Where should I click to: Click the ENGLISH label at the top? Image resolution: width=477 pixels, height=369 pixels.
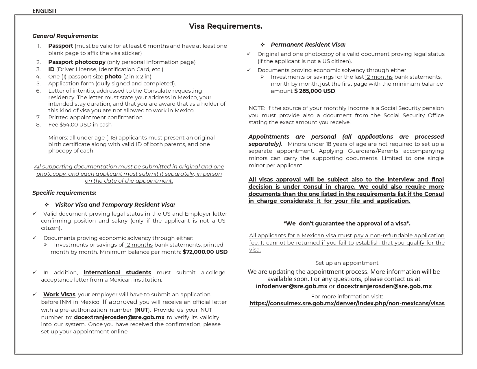click(44, 11)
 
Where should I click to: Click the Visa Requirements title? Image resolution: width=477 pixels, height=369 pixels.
click(225, 26)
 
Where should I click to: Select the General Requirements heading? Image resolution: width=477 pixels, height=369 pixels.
click(65, 36)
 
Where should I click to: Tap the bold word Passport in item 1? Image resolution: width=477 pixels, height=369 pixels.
click(60, 46)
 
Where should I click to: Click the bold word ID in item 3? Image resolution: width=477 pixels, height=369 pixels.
click(51, 69)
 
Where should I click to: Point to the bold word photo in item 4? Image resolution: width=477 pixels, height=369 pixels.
click(113, 76)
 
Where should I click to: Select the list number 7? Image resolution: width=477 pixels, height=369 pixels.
click(38, 117)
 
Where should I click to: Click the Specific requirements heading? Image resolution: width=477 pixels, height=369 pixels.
click(64, 193)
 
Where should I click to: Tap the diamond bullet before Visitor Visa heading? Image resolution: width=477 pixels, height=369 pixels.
click(47, 205)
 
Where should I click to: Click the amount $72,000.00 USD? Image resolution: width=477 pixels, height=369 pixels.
click(205, 252)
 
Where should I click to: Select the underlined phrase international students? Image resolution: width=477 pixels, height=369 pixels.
click(117, 272)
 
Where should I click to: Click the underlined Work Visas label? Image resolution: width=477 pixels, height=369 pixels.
click(59, 294)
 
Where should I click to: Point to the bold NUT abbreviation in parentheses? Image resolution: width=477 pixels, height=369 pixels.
click(142, 310)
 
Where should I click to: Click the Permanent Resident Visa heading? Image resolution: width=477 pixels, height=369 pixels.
click(308, 45)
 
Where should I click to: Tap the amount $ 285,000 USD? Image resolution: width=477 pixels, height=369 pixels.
click(315, 91)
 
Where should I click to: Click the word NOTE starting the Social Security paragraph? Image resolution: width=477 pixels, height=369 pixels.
click(256, 108)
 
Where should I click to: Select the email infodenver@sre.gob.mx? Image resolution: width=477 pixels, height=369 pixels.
click(291, 286)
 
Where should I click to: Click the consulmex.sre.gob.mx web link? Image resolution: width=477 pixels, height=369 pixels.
click(347, 303)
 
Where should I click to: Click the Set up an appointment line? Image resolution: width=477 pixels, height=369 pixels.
click(347, 263)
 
